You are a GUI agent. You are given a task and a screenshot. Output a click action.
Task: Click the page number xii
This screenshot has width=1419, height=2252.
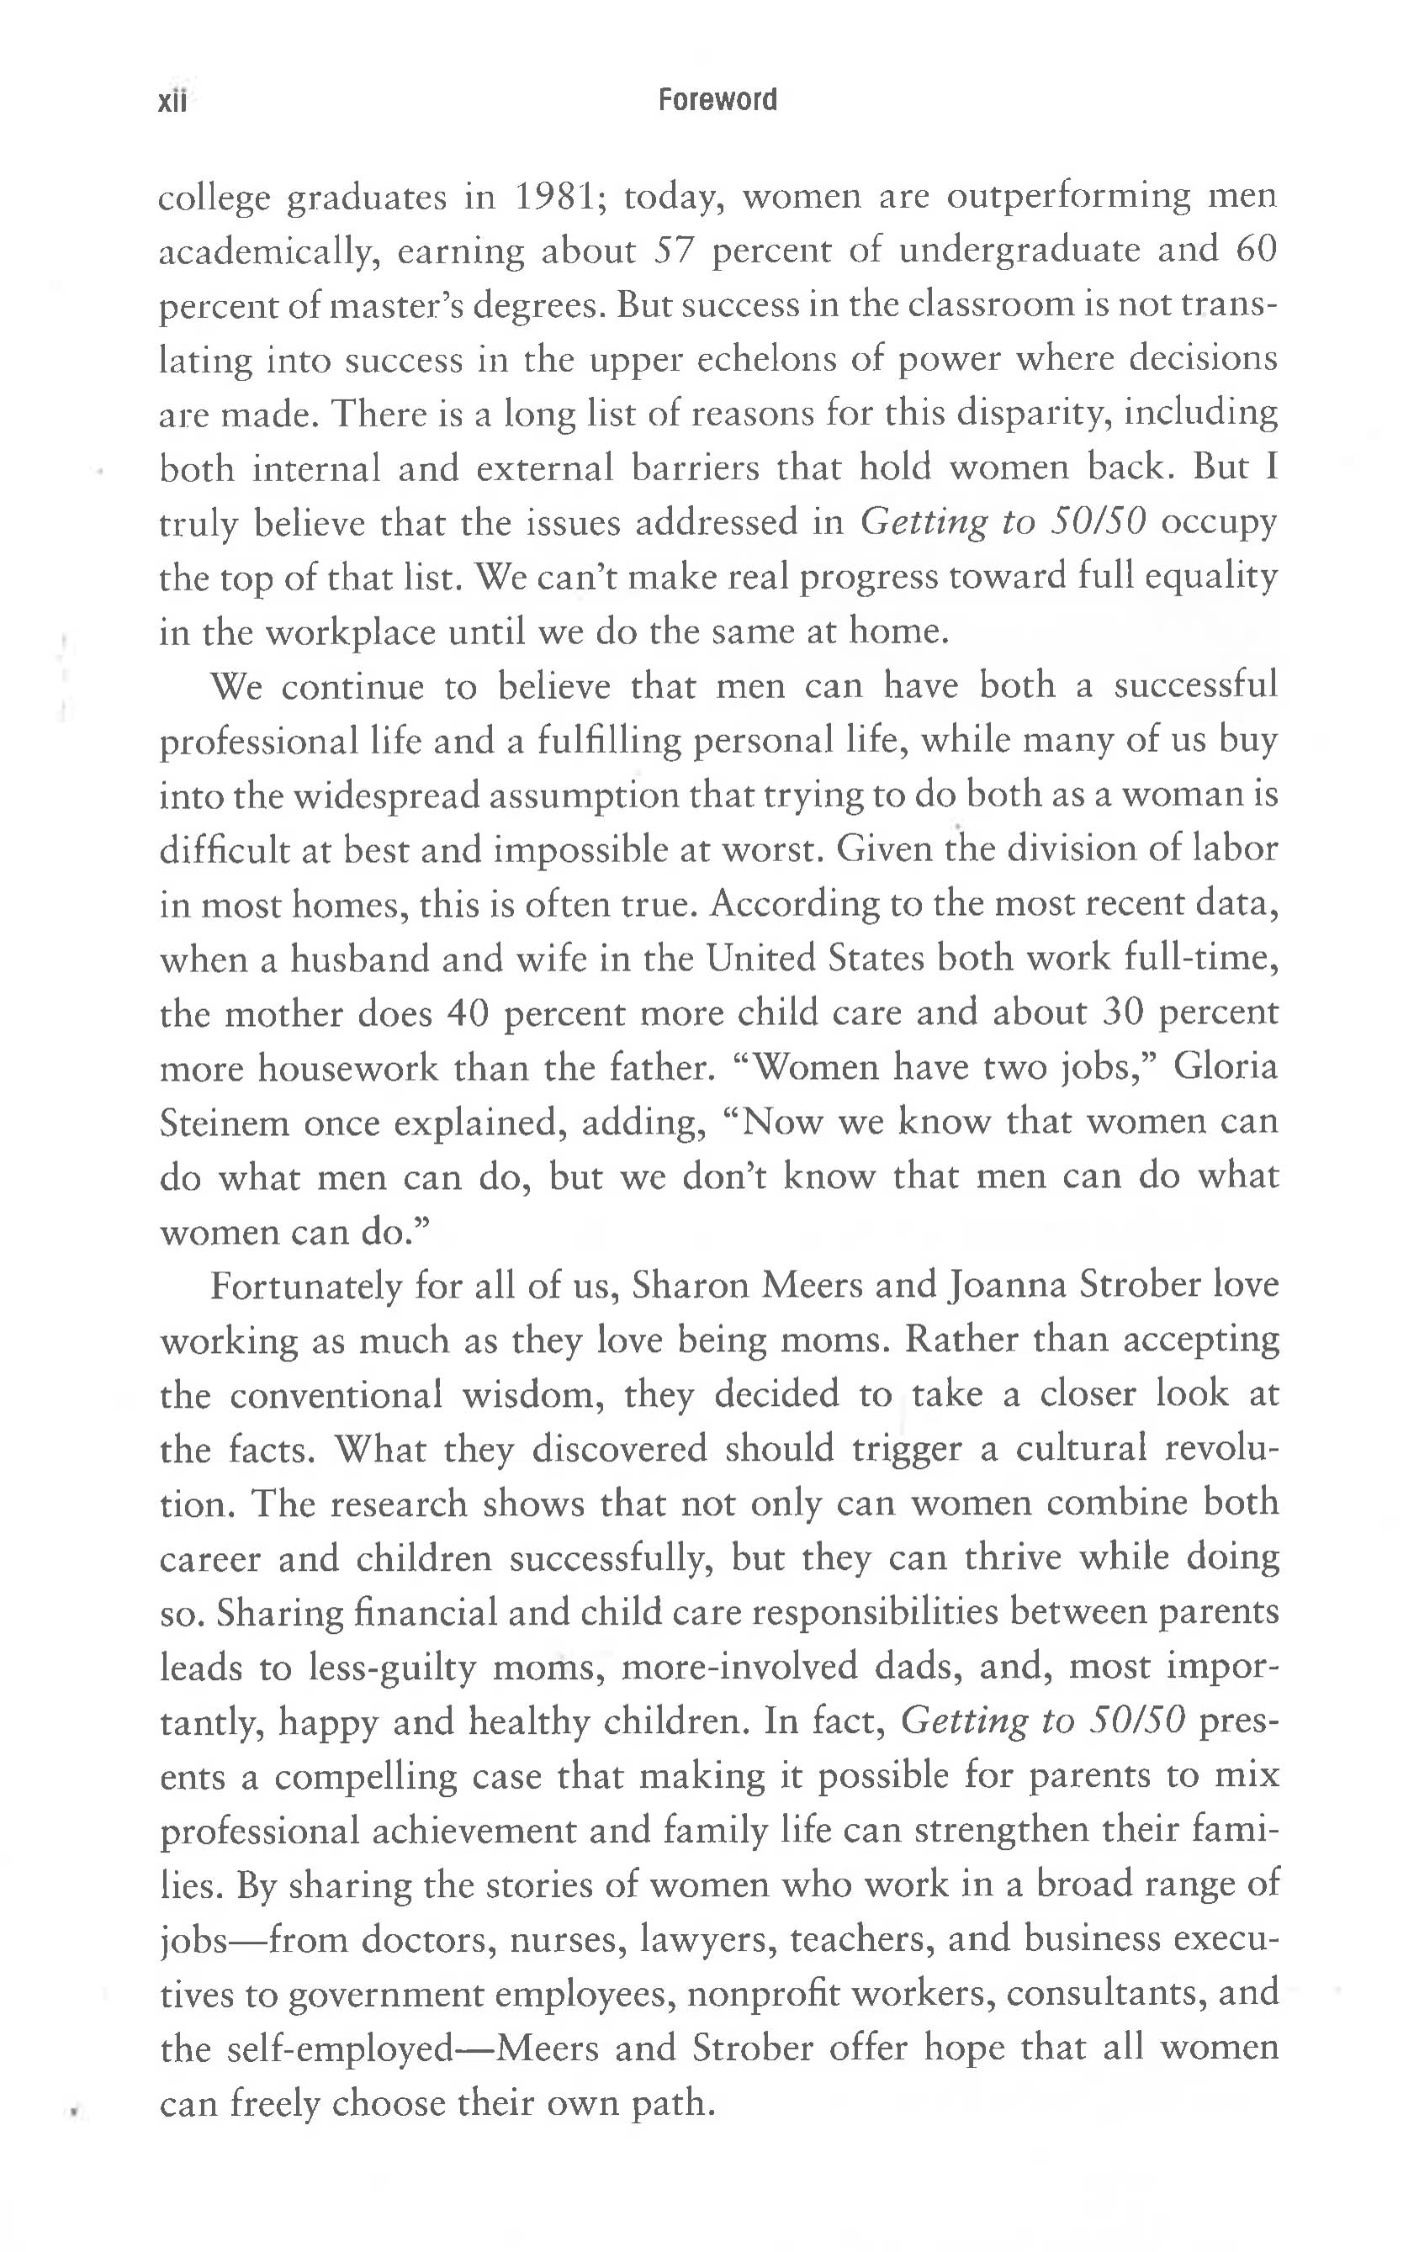click(174, 101)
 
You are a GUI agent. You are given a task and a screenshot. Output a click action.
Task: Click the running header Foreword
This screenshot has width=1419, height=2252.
click(717, 99)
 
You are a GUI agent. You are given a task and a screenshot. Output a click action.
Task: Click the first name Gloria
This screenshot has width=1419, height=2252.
click(1226, 1067)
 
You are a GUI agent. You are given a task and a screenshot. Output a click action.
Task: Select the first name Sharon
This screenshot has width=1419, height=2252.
click(688, 1286)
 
